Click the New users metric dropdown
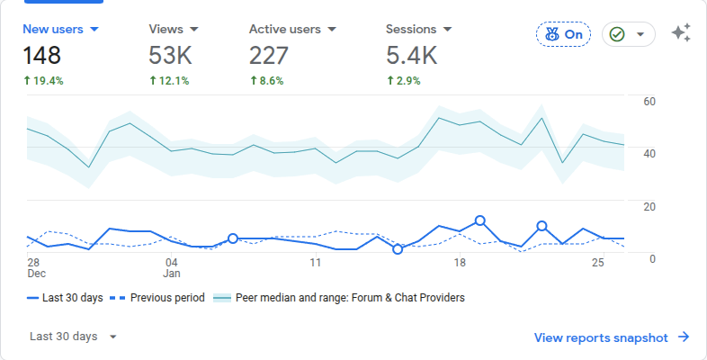(x=61, y=29)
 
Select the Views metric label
(x=173, y=29)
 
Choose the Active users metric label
(x=292, y=29)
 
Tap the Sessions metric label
(x=418, y=29)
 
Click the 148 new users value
(x=42, y=56)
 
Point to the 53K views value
(x=170, y=56)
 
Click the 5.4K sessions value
(x=411, y=56)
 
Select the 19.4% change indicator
(x=43, y=81)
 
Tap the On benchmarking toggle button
(x=563, y=34)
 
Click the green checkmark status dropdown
(x=628, y=34)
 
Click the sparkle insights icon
(x=681, y=34)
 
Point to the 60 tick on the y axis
(x=649, y=101)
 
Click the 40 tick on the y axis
(x=649, y=153)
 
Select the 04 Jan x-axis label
(x=172, y=267)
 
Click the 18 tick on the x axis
(x=460, y=262)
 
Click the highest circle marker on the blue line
(x=480, y=220)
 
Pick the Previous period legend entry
(x=162, y=297)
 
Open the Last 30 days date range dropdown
(x=73, y=337)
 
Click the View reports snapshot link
(x=612, y=337)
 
